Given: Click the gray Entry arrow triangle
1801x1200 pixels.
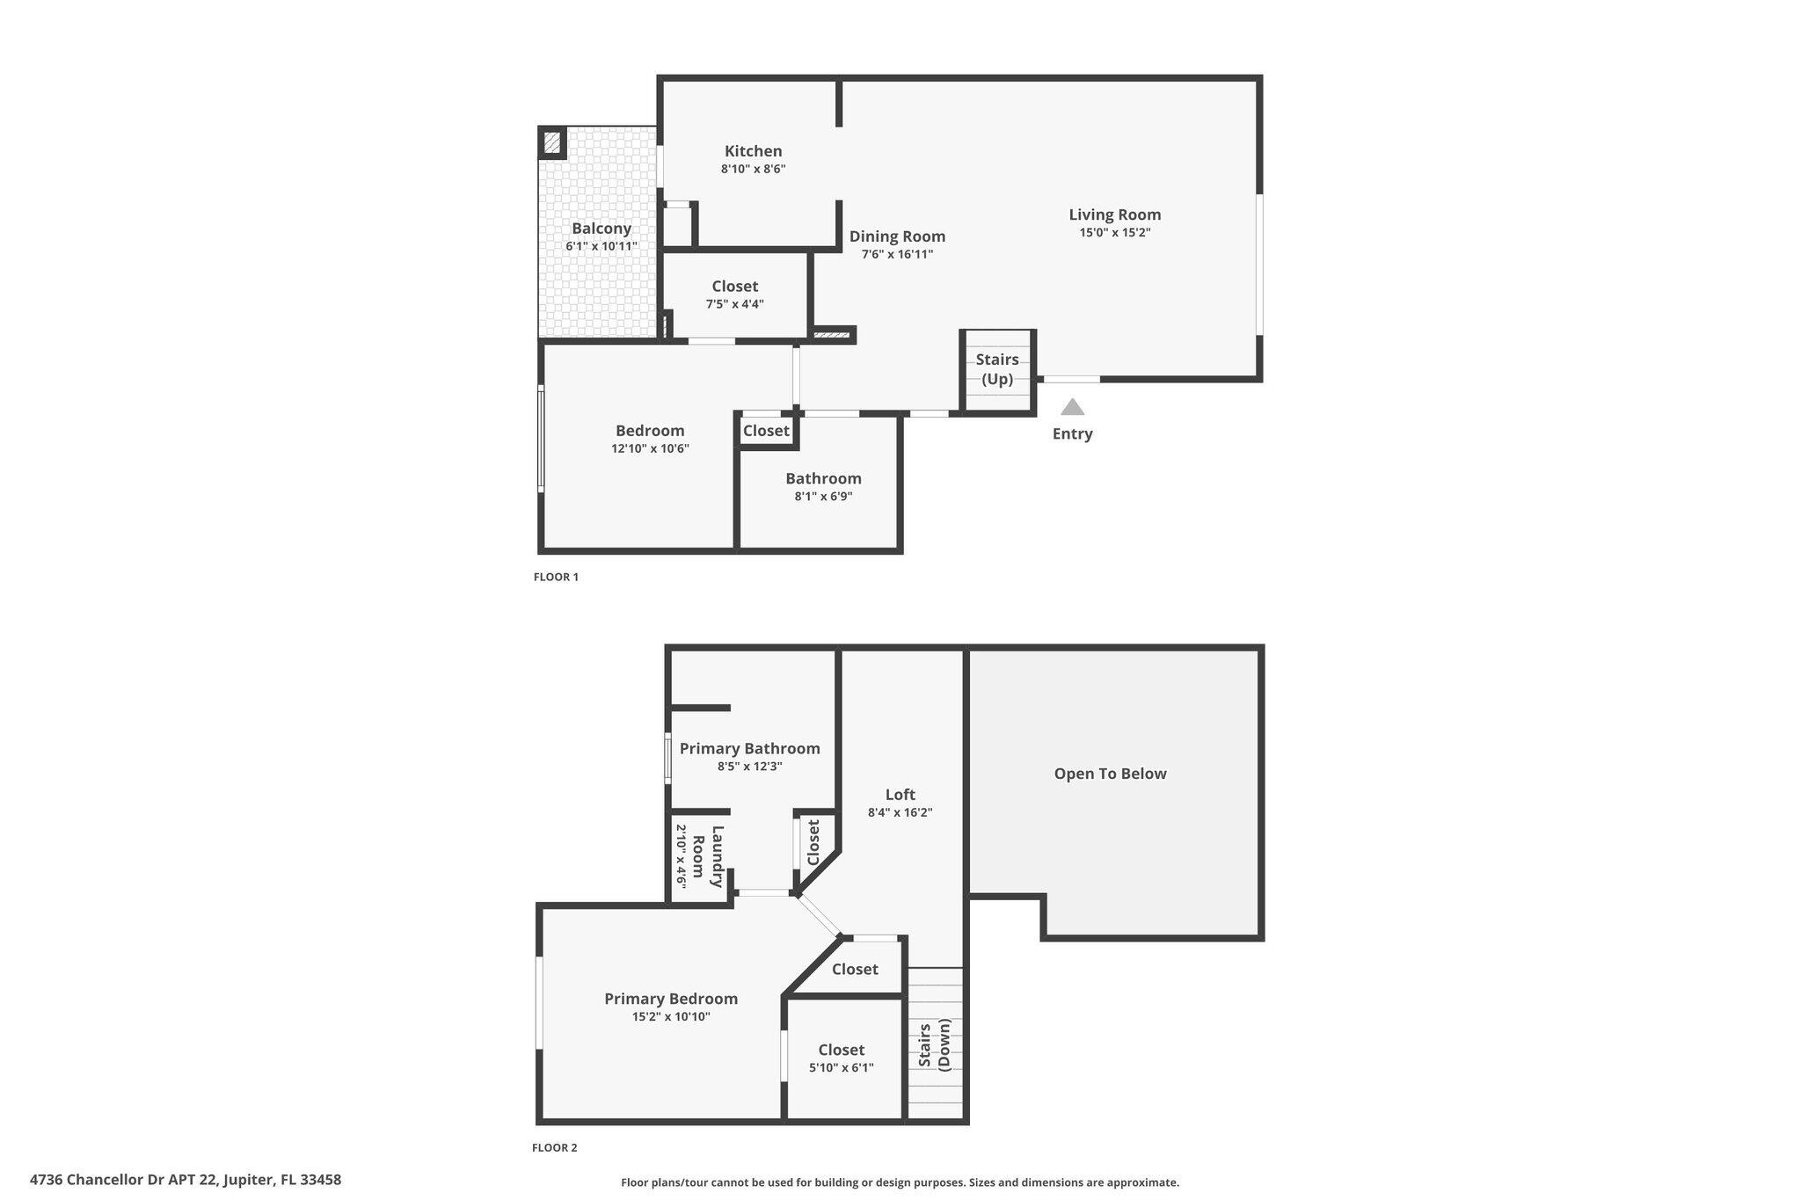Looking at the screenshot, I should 1072,408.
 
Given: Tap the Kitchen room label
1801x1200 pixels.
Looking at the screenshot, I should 753,151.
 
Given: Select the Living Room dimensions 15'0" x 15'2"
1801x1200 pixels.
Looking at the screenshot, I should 1114,233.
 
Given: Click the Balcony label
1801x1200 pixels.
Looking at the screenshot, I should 602,229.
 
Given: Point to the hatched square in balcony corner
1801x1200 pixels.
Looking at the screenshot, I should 551,142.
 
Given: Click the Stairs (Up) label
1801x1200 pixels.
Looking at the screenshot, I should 997,369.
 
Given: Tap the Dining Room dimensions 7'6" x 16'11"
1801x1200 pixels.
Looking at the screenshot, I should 897,255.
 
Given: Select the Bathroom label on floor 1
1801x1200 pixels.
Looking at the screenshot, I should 823,478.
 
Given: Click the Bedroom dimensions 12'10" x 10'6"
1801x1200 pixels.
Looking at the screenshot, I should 650,448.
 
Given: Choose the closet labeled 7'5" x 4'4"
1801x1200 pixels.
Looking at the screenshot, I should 734,295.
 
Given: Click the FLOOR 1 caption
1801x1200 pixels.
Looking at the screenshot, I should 556,578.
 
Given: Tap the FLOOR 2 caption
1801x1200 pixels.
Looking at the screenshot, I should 555,1147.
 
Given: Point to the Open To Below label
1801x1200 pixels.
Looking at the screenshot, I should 1110,774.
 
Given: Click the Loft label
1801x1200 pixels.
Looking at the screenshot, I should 900,795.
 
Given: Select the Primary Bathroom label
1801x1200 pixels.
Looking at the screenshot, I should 749,748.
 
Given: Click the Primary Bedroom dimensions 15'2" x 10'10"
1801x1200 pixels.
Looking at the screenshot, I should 671,1017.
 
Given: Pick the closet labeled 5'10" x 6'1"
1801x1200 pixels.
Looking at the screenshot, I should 842,1058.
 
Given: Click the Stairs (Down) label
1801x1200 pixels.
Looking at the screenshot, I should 935,1044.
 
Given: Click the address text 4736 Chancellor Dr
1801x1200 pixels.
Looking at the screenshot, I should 186,1180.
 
